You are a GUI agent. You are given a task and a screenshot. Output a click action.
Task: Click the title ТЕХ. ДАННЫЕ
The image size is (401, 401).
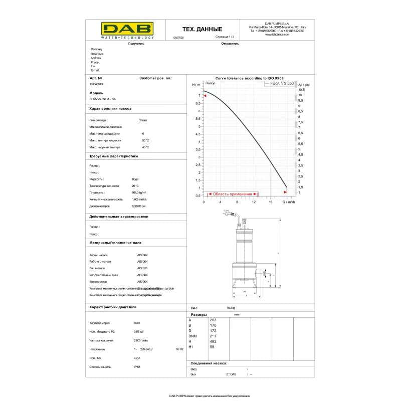pos(202,29)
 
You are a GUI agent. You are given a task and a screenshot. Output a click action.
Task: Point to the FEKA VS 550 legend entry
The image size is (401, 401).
pos(282,84)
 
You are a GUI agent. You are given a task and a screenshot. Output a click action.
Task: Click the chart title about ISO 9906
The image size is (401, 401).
pos(249,78)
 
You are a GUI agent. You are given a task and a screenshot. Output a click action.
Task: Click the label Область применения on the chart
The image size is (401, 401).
pos(232,193)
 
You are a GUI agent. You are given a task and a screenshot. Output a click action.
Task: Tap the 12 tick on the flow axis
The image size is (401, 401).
pos(254,202)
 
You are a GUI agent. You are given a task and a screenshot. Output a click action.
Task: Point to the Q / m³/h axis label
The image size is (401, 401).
pos(289,202)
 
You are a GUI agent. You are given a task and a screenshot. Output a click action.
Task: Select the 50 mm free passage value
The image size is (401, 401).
pos(142,120)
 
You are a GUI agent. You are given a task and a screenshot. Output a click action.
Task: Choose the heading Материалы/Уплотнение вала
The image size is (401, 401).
pos(115,242)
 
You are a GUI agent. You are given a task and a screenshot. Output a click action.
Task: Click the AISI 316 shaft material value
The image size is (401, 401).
pos(142,268)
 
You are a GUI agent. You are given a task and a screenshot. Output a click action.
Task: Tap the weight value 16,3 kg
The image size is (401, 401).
pos(231,308)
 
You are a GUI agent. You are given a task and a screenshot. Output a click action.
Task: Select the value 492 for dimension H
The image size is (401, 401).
pos(213,341)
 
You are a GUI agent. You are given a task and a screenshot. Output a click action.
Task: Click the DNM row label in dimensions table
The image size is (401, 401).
pos(192,336)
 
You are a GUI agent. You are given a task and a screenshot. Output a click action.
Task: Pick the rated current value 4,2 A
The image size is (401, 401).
pos(137,358)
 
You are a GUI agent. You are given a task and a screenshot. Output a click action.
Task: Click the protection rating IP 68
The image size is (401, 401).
pos(137,367)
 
